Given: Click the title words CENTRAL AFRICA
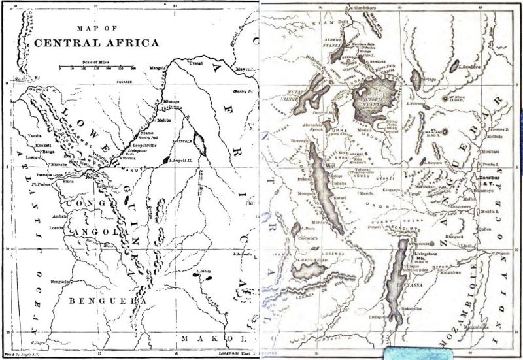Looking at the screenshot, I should [x=96, y=44].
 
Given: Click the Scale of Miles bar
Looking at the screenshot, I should [x=96, y=67].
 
